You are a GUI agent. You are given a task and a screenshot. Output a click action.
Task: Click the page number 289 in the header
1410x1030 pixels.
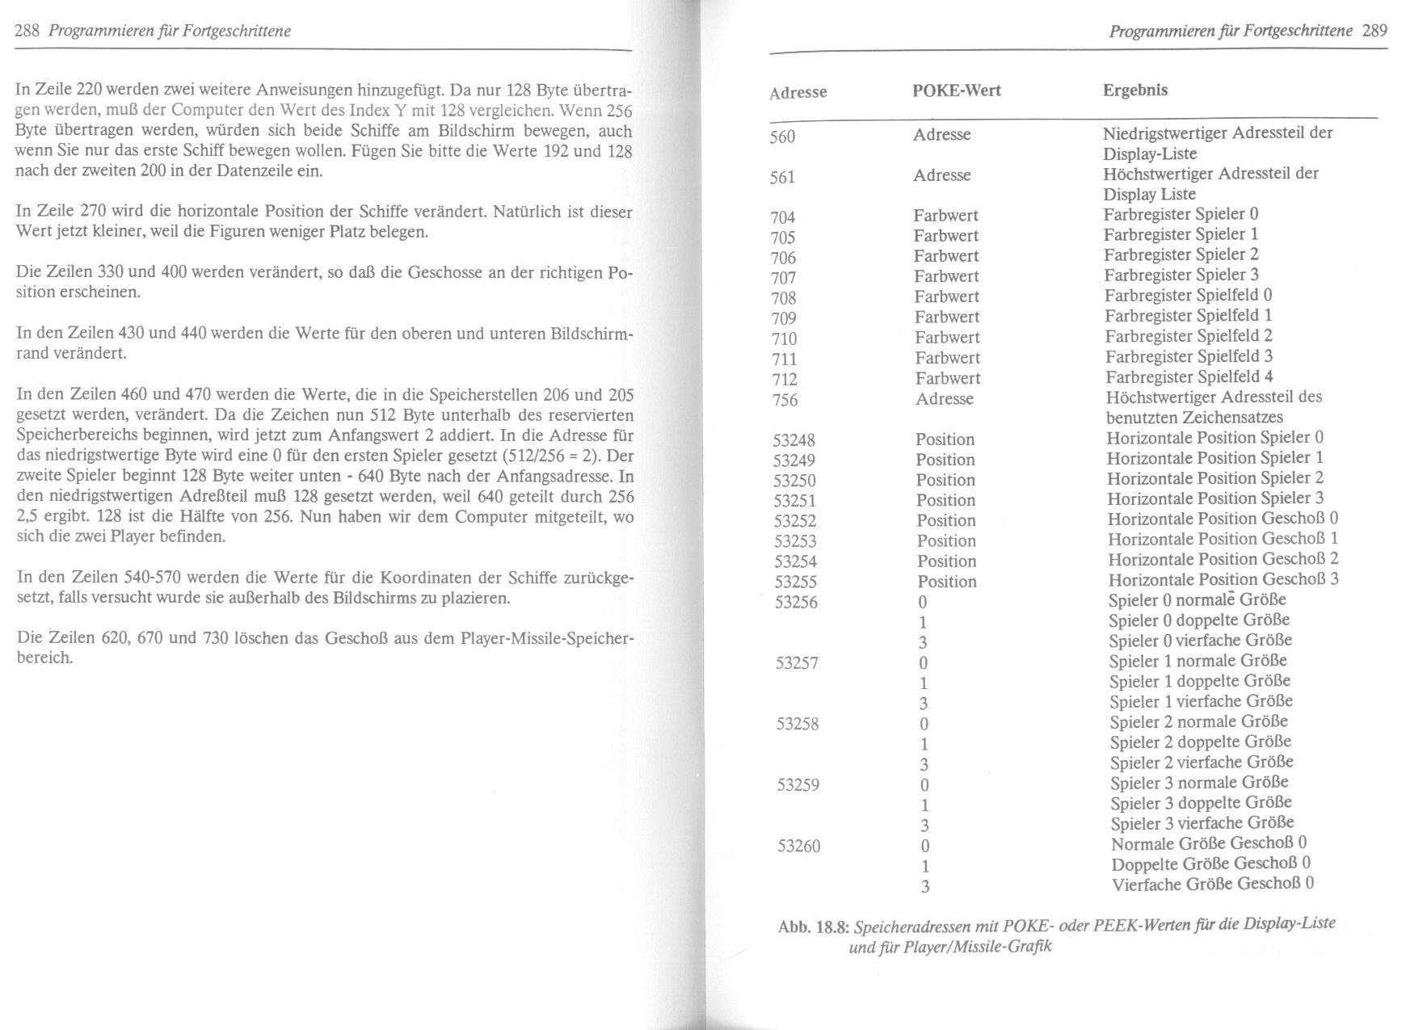click(x=1374, y=32)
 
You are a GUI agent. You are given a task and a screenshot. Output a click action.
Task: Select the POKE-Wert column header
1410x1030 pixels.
click(x=956, y=90)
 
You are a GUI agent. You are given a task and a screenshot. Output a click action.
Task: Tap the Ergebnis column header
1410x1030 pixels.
click(x=1134, y=90)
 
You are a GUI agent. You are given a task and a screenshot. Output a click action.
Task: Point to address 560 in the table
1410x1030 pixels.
click(x=782, y=137)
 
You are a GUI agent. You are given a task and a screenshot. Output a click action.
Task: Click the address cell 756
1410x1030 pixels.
click(x=784, y=400)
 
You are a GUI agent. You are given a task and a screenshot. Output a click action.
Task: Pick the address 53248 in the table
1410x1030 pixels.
click(x=793, y=440)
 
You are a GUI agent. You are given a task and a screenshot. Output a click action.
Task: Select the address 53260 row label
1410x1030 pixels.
click(x=798, y=846)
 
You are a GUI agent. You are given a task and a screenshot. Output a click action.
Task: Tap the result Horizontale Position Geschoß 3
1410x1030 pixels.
click(x=1223, y=579)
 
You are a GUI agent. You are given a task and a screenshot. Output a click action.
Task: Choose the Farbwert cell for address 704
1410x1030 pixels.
click(x=945, y=216)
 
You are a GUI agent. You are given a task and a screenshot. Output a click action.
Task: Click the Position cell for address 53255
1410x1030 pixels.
click(x=946, y=582)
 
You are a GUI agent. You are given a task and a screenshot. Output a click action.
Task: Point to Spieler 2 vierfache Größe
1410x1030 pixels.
click(x=1201, y=762)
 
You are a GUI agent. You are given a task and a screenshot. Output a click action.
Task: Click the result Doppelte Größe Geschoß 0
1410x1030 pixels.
click(x=1210, y=864)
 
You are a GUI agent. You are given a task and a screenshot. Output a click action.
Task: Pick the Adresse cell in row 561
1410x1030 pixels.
click(x=941, y=175)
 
